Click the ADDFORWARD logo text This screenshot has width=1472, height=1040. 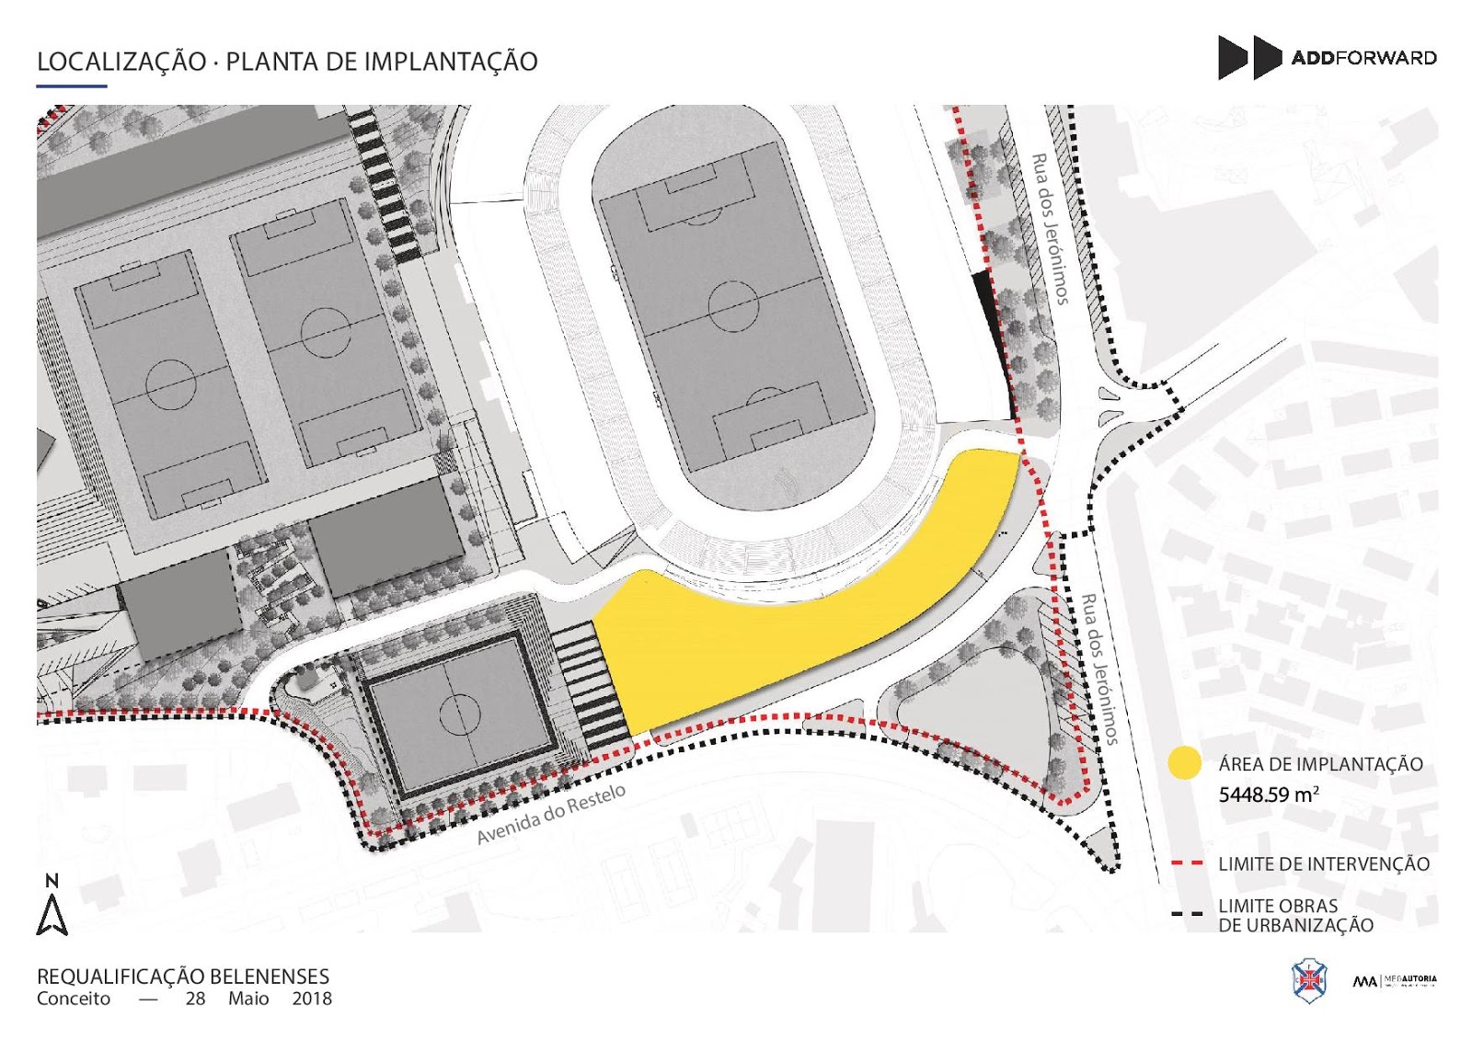[1363, 58]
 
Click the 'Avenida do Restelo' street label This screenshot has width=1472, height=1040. [551, 814]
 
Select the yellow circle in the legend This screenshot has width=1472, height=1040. [1184, 763]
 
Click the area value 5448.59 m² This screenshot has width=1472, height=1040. [1269, 794]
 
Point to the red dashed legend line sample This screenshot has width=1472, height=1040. [1187, 863]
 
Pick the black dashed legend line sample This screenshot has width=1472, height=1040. [1187, 914]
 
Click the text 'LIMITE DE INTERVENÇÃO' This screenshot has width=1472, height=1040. [1324, 864]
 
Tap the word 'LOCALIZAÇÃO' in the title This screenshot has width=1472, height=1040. [121, 62]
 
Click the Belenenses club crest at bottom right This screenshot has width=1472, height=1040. [1308, 980]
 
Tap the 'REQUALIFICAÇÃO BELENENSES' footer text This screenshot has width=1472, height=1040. [182, 977]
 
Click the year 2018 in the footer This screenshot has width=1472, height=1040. [312, 999]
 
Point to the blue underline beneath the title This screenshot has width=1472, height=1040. [72, 86]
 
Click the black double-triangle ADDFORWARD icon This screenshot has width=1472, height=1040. [1249, 57]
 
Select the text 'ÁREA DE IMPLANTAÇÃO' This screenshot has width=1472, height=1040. [1320, 764]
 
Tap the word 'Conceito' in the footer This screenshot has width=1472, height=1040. [74, 999]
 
